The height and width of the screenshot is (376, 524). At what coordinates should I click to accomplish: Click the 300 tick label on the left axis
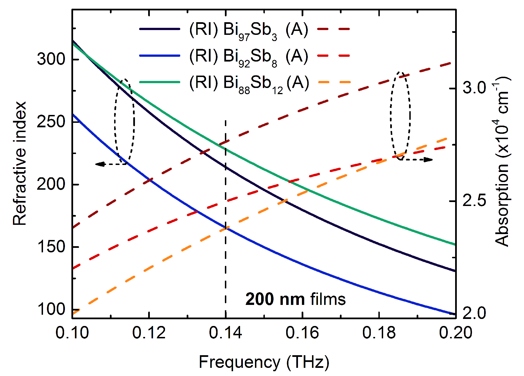[x=51, y=59]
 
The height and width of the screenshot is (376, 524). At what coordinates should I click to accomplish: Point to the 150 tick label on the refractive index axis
[x=51, y=247]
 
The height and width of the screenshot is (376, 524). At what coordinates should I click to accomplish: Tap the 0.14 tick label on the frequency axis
[x=225, y=333]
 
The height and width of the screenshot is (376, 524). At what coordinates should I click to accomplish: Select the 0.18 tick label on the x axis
[x=379, y=333]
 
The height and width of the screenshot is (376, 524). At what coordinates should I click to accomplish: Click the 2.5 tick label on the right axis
[x=474, y=201]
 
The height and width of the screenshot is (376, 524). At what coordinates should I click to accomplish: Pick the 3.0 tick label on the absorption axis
[x=474, y=88]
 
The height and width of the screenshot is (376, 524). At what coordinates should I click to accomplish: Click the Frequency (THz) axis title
[x=264, y=362]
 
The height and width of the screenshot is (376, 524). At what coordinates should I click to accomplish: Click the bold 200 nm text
[x=275, y=299]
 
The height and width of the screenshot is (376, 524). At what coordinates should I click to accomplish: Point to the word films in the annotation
[x=328, y=299]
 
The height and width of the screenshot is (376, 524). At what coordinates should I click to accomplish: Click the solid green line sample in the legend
[x=159, y=82]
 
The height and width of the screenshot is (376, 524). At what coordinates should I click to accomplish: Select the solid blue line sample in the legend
[x=159, y=56]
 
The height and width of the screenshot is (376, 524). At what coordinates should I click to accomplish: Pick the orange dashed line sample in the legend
[x=334, y=82]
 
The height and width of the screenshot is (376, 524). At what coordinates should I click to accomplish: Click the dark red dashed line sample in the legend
[x=334, y=29]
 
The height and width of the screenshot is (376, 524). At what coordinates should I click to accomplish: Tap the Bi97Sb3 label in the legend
[x=250, y=30]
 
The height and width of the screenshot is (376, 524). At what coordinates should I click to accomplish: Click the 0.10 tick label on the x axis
[x=72, y=333]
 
